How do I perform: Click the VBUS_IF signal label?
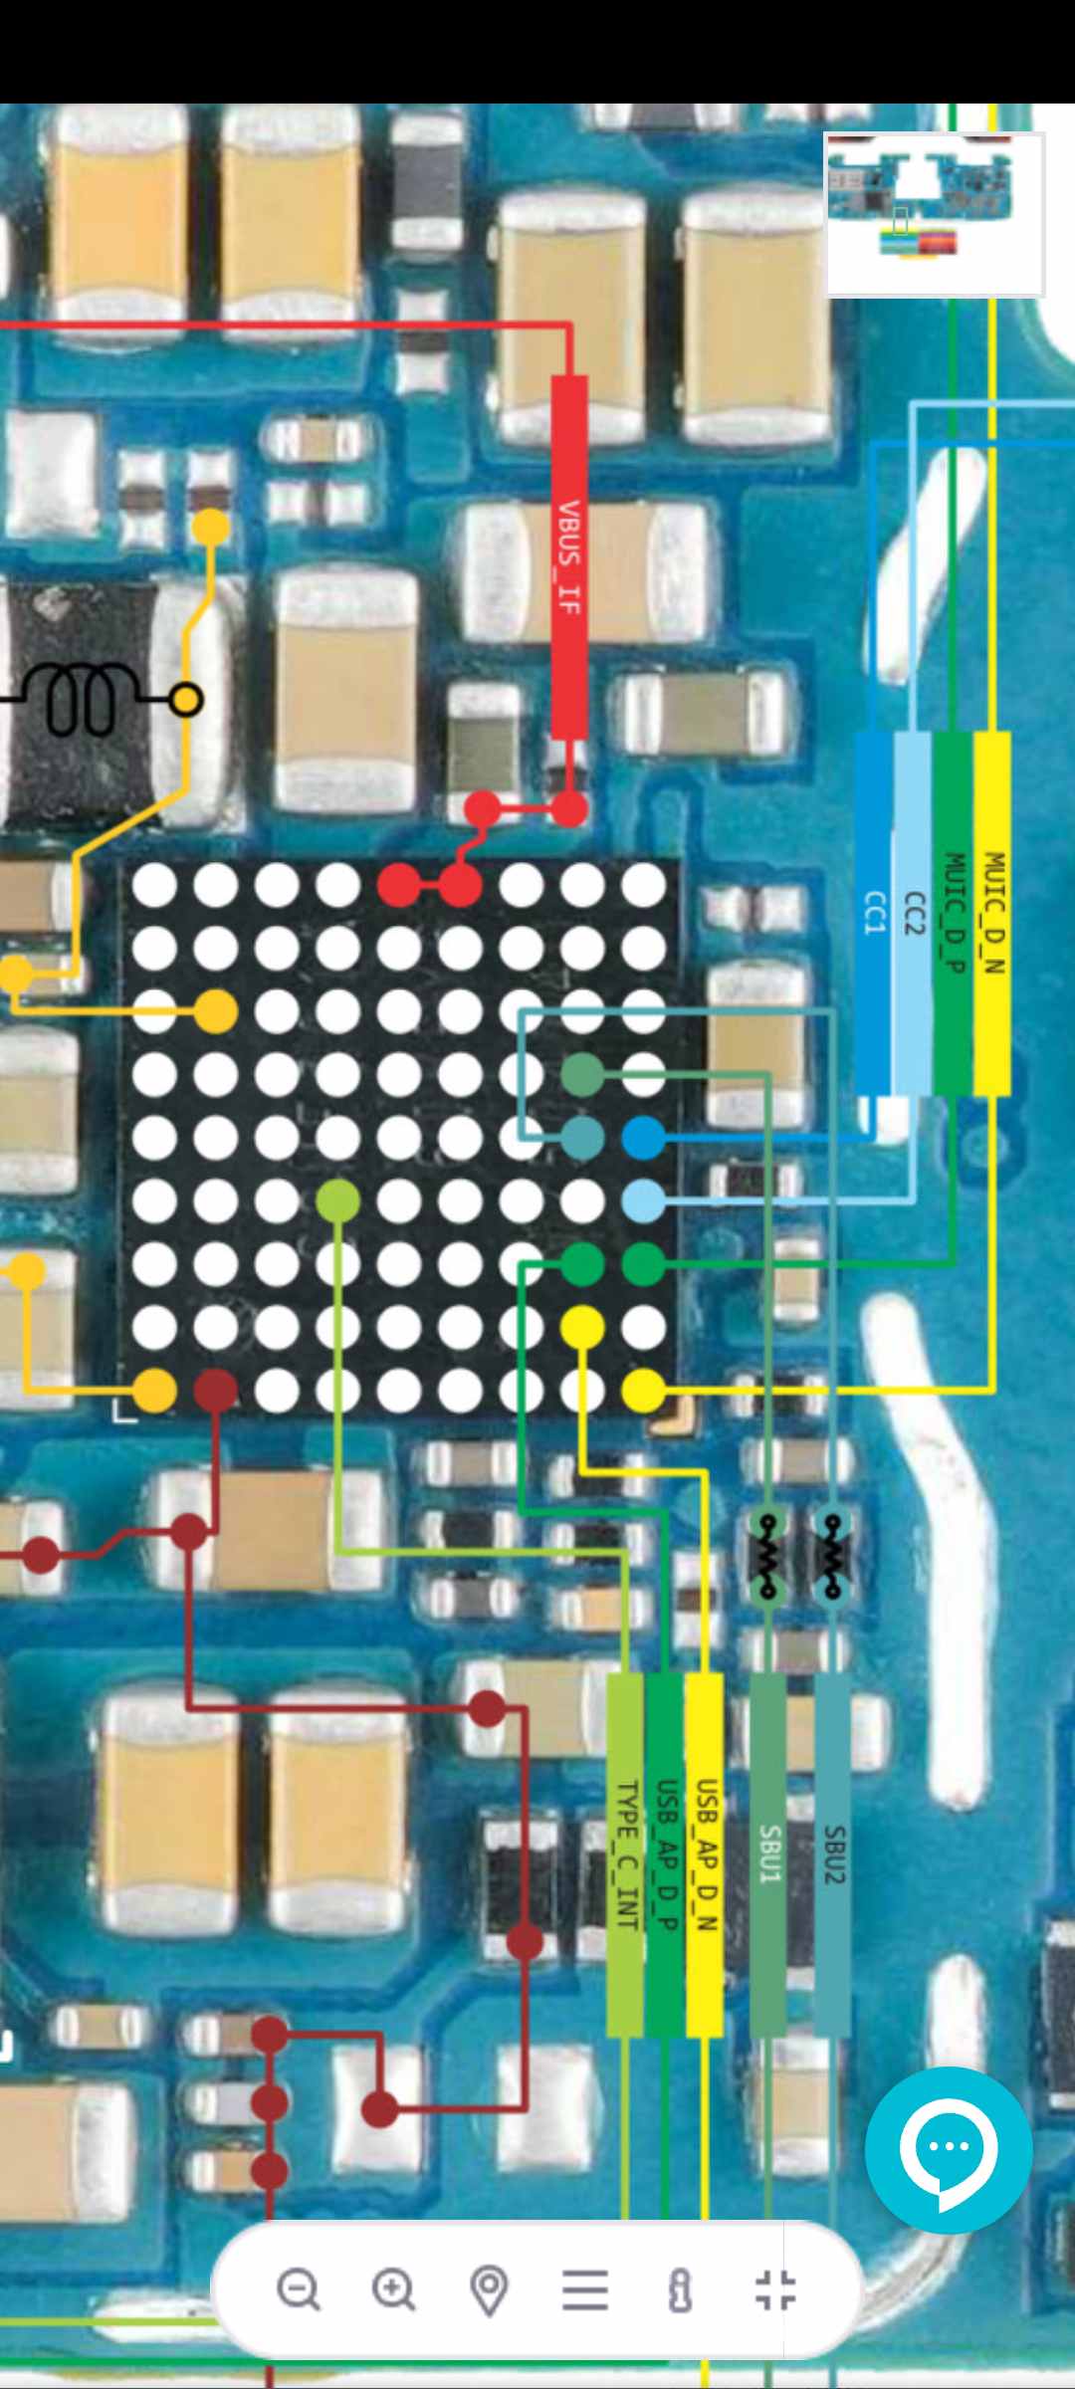569,557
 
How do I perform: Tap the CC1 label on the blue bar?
874,913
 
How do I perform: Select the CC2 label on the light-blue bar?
914,913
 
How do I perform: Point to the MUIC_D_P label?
954,913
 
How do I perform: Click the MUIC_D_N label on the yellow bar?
993,913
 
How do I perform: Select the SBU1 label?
768,1854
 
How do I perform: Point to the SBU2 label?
833,1854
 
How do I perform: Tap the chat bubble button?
948,2150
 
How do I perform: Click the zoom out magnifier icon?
299,2289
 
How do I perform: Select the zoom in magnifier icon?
394,2289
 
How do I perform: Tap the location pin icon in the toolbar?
489,2289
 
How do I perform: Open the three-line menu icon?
585,2289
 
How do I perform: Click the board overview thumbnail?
934,215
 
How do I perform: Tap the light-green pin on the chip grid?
337,1201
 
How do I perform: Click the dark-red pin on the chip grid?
215,1390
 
